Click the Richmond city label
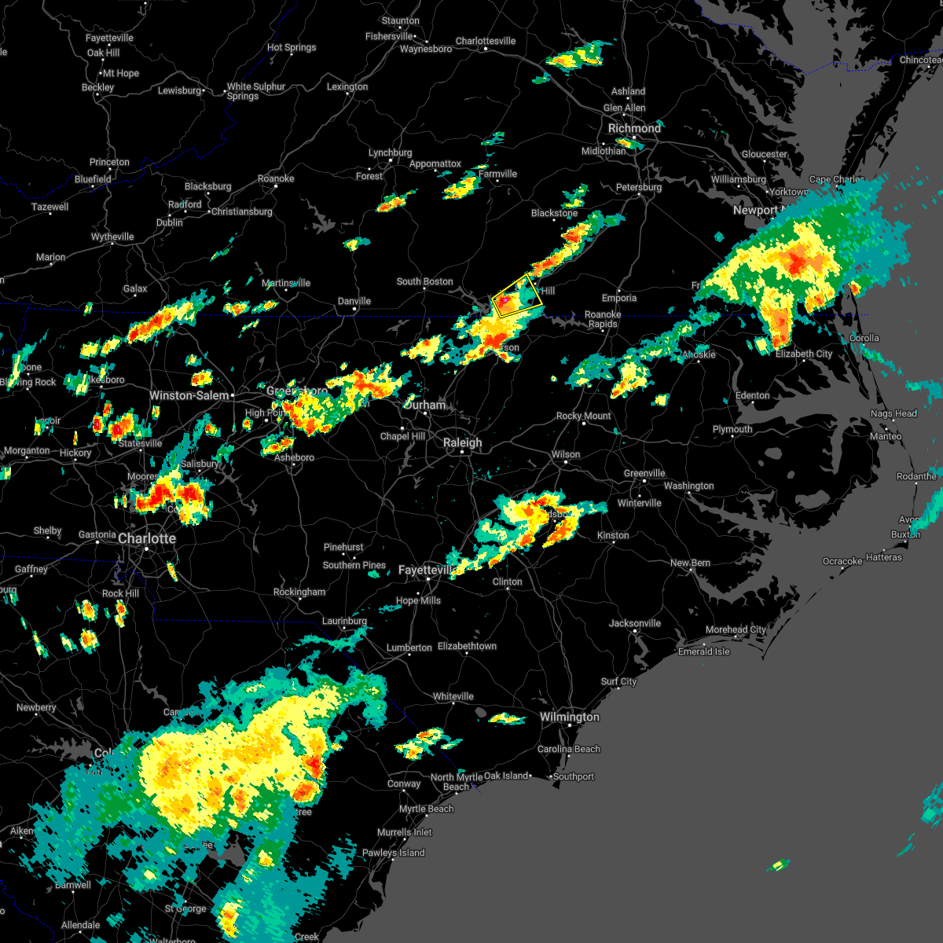(x=634, y=128)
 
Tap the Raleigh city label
(x=462, y=442)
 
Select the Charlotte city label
(x=147, y=538)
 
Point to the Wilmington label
(x=569, y=717)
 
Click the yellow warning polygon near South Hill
(x=517, y=296)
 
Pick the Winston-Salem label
(x=189, y=395)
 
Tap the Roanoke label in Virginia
(x=276, y=178)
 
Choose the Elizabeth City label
(x=803, y=354)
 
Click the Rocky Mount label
(x=583, y=416)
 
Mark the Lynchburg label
(x=390, y=152)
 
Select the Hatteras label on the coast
(x=883, y=557)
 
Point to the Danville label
(x=354, y=301)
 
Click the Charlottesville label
(x=486, y=41)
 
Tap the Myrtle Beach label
(x=427, y=809)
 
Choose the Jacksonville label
(x=634, y=623)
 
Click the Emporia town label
(x=619, y=298)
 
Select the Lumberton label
(x=409, y=648)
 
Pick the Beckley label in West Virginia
(x=97, y=87)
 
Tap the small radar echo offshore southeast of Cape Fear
(x=777, y=865)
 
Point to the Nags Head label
(x=893, y=413)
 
